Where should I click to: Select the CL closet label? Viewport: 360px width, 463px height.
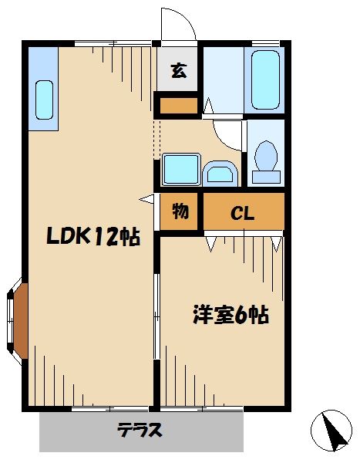[x=244, y=214]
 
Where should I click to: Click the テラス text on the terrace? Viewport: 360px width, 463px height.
[x=140, y=430]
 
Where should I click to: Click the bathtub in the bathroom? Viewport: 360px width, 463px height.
[x=264, y=80]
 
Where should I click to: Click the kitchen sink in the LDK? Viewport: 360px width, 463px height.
[x=45, y=100]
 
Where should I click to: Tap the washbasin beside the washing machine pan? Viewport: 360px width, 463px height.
[x=221, y=173]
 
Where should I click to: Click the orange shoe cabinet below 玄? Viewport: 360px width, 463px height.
[x=178, y=104]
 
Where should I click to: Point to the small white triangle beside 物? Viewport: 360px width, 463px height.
[x=146, y=200]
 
